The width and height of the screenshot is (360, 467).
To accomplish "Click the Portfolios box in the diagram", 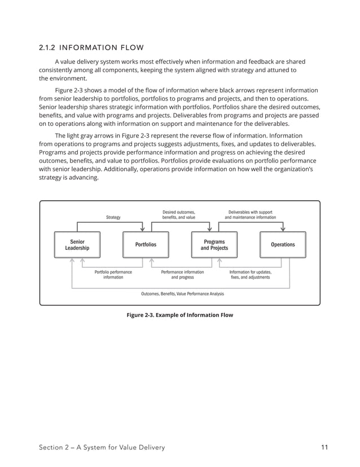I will [x=146, y=245].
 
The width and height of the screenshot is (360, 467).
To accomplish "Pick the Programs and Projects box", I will [x=214, y=245].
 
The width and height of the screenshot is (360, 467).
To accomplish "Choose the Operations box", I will [x=283, y=245].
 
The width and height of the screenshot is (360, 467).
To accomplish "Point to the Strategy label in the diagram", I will [x=113, y=217].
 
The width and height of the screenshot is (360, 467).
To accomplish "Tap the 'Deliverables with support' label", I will [x=250, y=212].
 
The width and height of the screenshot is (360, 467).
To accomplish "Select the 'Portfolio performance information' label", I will [x=113, y=275].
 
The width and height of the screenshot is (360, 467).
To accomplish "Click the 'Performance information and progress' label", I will [x=182, y=275].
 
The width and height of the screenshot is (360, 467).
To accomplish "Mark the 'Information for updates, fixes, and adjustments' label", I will [x=250, y=275].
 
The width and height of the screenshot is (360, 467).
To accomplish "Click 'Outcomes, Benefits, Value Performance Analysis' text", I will [x=182, y=294].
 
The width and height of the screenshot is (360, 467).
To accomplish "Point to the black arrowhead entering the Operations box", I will [x=283, y=229].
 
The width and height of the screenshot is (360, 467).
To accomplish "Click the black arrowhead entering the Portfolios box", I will [x=143, y=229].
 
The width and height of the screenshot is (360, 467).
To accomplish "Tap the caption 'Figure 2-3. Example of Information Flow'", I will [x=179, y=315].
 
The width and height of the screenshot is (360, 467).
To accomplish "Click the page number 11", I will [x=324, y=448].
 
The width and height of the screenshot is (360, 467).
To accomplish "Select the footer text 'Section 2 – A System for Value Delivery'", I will [x=102, y=448].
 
